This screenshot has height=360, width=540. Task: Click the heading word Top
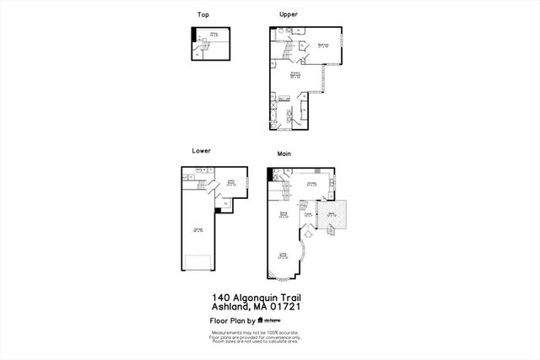[x=203, y=14]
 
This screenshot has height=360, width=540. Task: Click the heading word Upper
[x=289, y=14]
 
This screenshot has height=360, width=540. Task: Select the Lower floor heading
[x=201, y=151]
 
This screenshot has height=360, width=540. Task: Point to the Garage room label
[x=198, y=230]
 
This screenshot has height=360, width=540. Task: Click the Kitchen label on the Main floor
[x=310, y=183]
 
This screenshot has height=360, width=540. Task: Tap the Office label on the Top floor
[x=213, y=35]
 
